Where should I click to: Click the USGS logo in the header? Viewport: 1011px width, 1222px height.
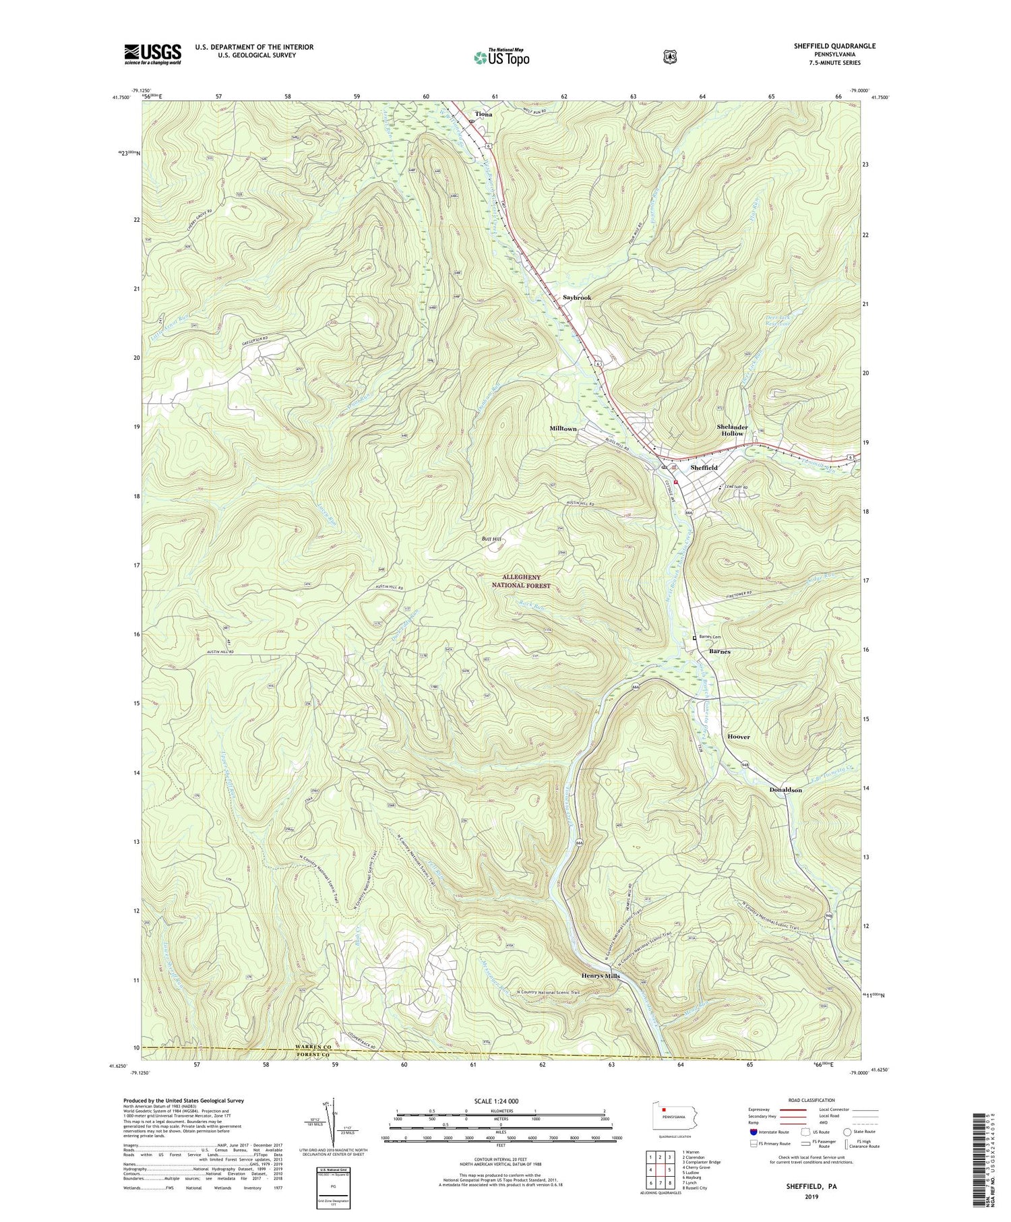pyautogui.click(x=152, y=54)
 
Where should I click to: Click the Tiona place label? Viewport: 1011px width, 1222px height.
pyautogui.click(x=483, y=115)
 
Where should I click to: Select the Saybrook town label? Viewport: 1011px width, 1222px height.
pyautogui.click(x=577, y=297)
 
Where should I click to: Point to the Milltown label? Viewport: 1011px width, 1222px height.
pyautogui.click(x=563, y=429)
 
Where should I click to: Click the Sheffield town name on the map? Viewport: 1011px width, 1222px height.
pyautogui.click(x=704, y=467)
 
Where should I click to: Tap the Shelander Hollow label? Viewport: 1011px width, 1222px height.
pyautogui.click(x=732, y=430)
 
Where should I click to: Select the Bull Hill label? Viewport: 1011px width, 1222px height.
pyautogui.click(x=491, y=539)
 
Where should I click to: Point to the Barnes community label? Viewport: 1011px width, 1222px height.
pyautogui.click(x=719, y=652)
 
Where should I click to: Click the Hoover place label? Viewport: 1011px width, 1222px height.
pyautogui.click(x=738, y=737)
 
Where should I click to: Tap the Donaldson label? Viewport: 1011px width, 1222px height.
pyautogui.click(x=785, y=789)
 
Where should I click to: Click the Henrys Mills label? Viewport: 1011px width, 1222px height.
pyautogui.click(x=601, y=976)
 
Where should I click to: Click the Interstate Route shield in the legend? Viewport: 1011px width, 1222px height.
pyautogui.click(x=753, y=1132)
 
